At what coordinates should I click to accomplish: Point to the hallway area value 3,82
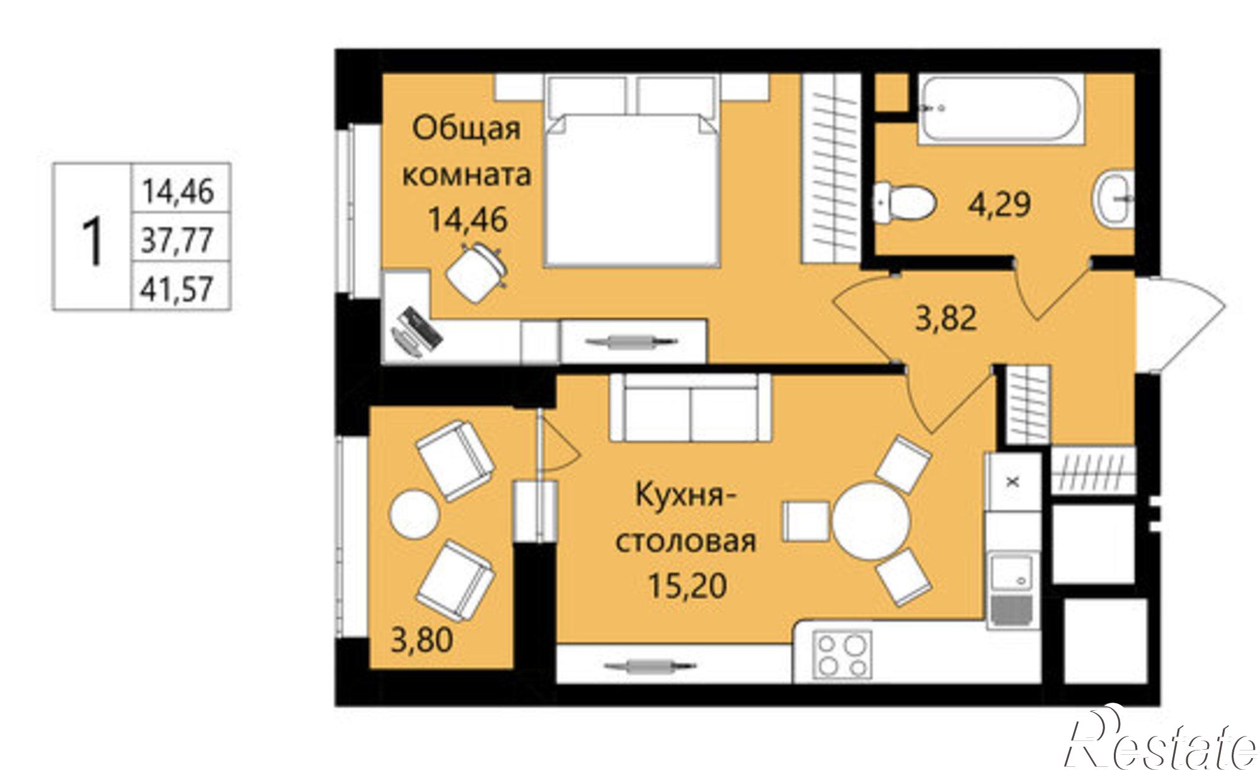946,319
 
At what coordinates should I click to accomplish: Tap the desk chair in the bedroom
476,273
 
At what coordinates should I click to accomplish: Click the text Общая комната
466,151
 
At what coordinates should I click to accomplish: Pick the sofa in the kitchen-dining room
690,408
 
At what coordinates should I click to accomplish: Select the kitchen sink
1011,589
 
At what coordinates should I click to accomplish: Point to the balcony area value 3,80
421,641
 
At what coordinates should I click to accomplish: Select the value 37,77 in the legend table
178,241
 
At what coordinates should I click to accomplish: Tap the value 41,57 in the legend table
178,290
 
